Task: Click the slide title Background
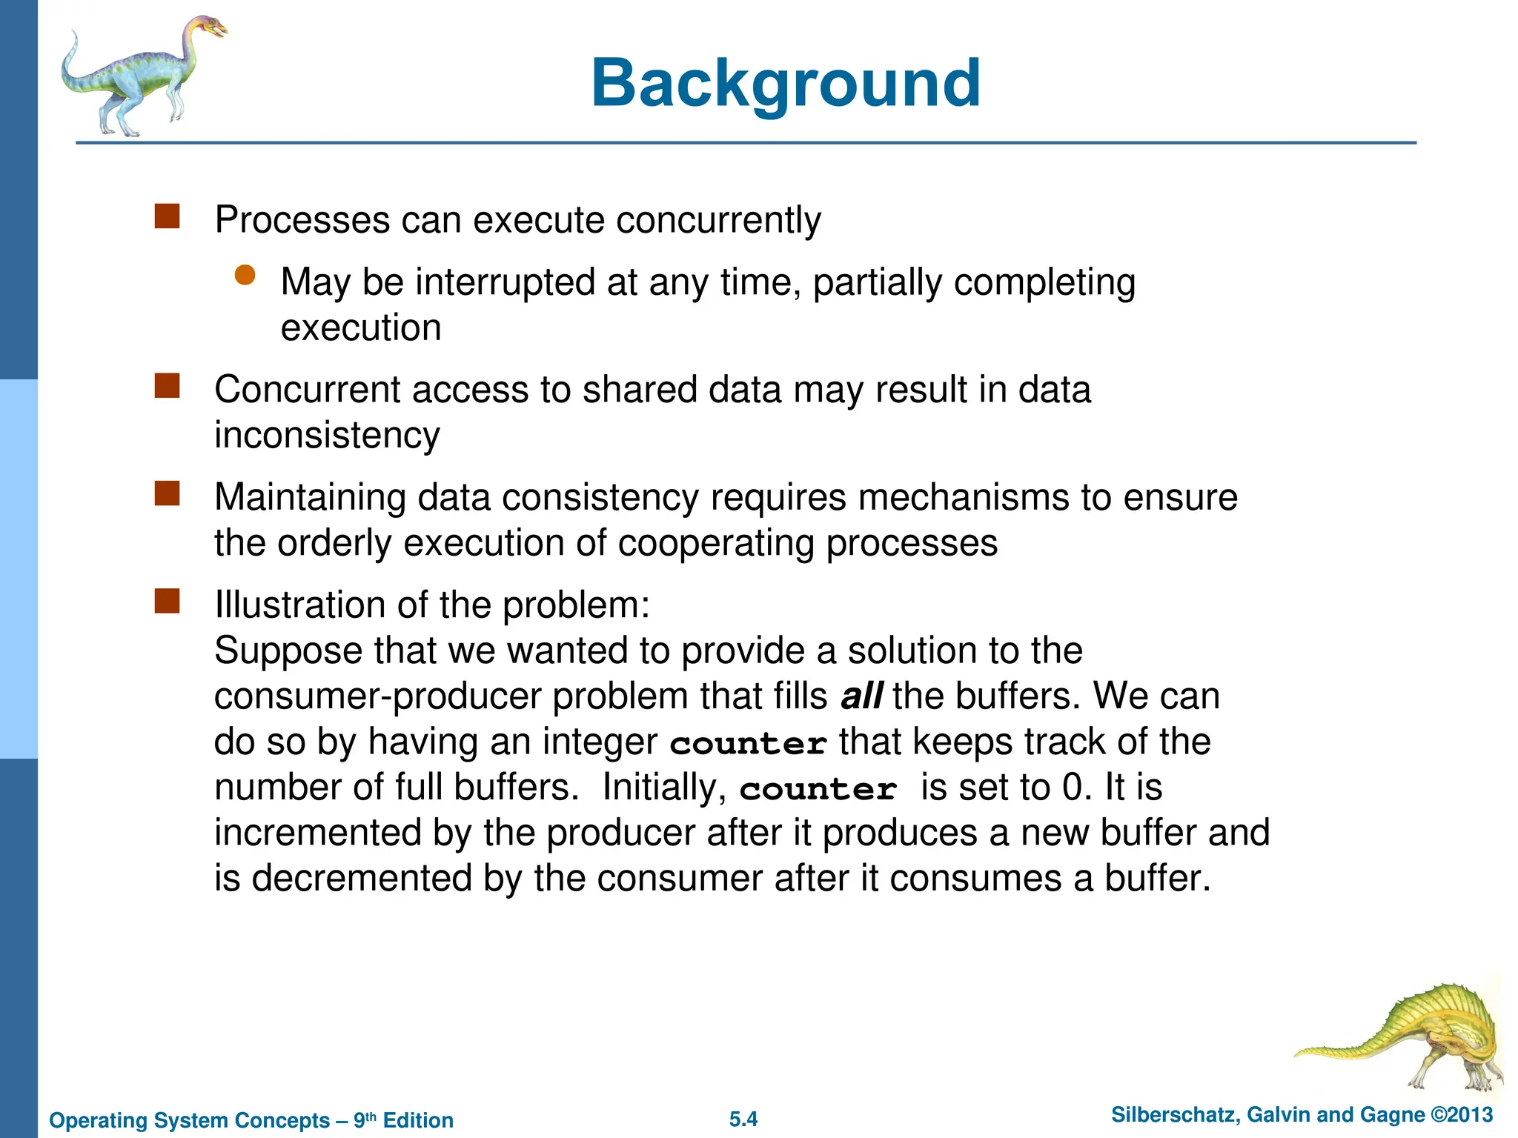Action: (786, 83)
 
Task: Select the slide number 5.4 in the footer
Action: (743, 1119)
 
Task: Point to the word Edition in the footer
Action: (418, 1120)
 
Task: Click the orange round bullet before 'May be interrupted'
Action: (245, 276)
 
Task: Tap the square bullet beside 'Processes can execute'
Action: (168, 216)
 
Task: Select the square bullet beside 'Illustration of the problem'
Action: (168, 602)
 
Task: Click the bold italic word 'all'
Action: (861, 696)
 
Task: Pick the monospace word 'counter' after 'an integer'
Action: (749, 743)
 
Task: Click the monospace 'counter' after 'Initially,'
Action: (818, 789)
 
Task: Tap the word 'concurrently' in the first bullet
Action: (718, 220)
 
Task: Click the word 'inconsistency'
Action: (327, 435)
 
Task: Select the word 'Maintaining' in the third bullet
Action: (310, 497)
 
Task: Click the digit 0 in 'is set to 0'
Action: (1073, 788)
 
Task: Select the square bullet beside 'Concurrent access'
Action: (168, 386)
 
